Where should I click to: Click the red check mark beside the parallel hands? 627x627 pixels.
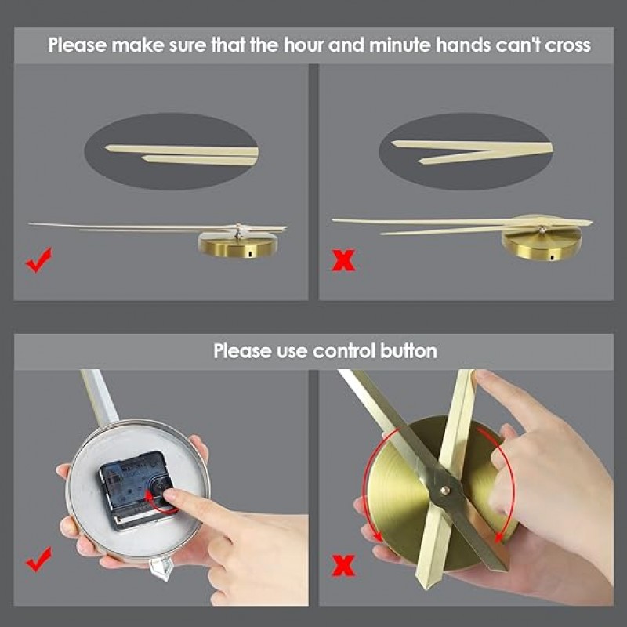pyautogui.click(x=38, y=260)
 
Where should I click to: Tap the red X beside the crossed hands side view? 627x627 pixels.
pyautogui.click(x=343, y=260)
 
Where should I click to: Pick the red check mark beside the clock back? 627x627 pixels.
pyautogui.click(x=38, y=560)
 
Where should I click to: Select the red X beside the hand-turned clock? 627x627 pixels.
pyautogui.click(x=343, y=565)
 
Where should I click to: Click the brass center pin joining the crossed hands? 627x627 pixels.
pyautogui.click(x=444, y=490)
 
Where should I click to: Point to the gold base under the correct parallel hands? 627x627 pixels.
pyautogui.click(x=238, y=245)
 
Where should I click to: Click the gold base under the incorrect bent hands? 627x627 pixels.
pyautogui.click(x=542, y=244)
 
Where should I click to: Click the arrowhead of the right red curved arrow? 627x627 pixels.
pyautogui.click(x=498, y=536)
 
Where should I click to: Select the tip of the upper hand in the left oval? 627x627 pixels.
pyautogui.click(x=106, y=147)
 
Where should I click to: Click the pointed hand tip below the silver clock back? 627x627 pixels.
pyautogui.click(x=161, y=576)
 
